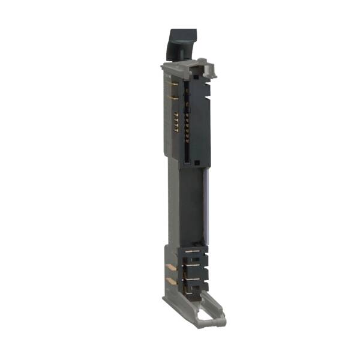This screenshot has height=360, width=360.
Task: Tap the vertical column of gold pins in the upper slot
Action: pos(187,120)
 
